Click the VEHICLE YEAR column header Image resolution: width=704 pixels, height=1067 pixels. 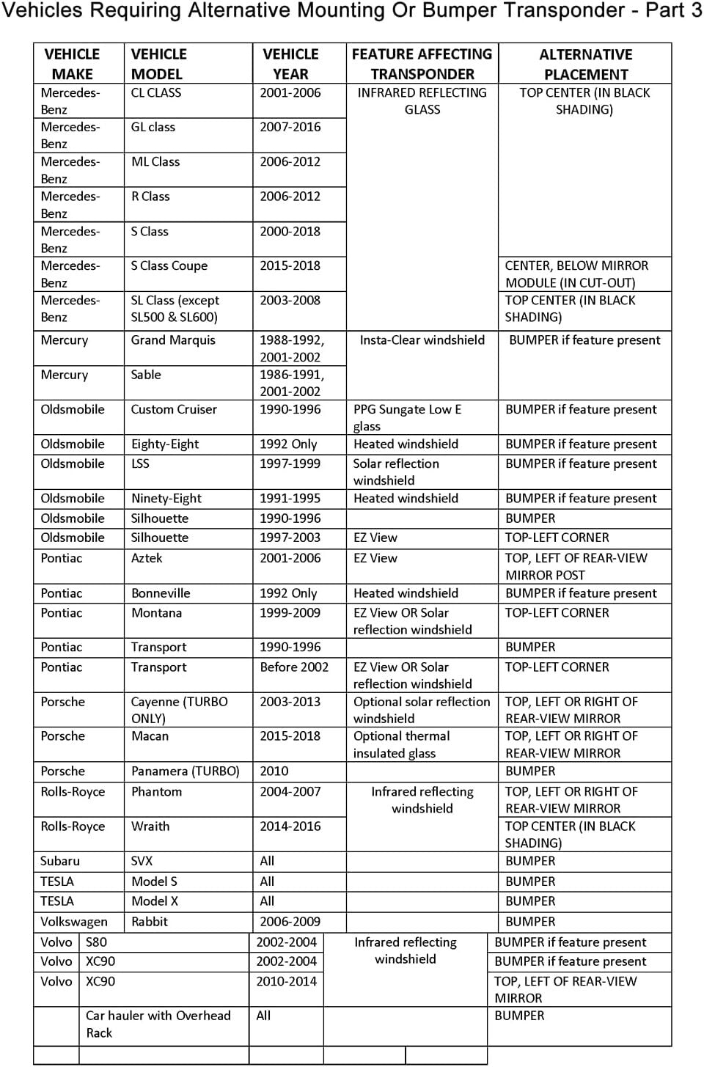290,64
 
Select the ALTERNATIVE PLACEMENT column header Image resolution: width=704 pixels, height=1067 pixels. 585,65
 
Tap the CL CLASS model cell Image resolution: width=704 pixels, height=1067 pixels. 156,93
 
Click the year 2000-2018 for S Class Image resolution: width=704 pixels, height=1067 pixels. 290,232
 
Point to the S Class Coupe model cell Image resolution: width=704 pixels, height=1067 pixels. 169,266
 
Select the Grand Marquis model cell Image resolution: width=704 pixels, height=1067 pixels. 173,340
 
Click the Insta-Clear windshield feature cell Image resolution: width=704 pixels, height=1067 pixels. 422,340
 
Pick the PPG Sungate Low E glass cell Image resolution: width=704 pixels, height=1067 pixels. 407,417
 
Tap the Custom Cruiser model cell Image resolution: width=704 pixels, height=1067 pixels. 174,410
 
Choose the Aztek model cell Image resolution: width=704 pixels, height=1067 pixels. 147,558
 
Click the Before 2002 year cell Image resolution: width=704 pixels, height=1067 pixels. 294,667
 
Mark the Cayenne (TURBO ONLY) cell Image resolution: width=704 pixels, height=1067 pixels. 179,710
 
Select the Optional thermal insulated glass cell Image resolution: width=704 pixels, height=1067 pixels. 401,744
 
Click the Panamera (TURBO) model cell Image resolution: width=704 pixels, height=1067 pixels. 186,771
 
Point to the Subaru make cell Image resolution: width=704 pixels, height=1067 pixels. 60,862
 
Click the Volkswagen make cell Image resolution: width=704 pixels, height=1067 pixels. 74,922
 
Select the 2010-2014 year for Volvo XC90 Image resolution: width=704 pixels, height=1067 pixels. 286,981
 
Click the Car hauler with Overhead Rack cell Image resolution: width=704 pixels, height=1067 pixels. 158,1024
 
